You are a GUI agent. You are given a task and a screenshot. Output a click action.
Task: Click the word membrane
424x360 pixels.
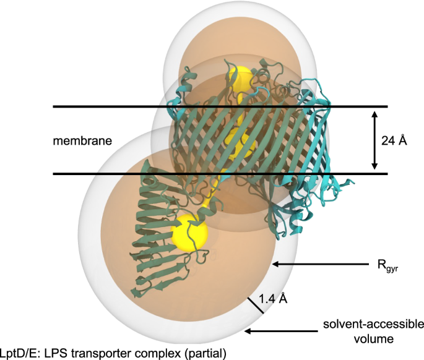pos(82,141)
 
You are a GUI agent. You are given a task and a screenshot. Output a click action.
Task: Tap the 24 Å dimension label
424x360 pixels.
pos(395,140)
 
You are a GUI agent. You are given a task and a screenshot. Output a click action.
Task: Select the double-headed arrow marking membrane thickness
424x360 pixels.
pos(373,140)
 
